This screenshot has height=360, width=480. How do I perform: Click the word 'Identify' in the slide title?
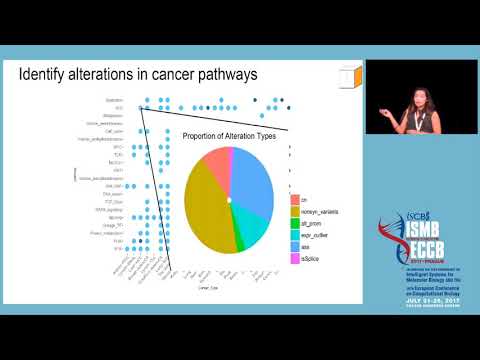(x=49, y=76)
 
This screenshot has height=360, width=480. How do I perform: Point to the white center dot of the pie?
(x=230, y=200)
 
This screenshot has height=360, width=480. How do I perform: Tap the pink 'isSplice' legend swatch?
(x=295, y=260)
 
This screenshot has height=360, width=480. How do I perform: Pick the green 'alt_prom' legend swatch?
(x=295, y=223)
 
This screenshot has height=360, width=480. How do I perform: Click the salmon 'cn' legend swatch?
(x=295, y=199)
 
